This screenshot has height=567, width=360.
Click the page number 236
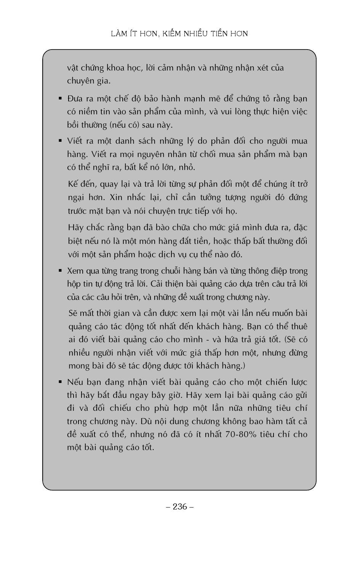pyautogui.click(x=180, y=506)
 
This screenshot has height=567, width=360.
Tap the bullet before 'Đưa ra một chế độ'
pyautogui.click(x=60, y=98)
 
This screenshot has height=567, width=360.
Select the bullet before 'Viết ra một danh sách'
pyautogui.click(x=60, y=141)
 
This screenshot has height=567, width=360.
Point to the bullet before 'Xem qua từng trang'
pyautogui.click(x=60, y=271)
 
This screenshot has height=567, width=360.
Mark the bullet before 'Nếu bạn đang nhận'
pyautogui.click(x=60, y=381)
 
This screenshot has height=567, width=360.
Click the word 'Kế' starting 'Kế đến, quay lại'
pyautogui.click(x=73, y=184)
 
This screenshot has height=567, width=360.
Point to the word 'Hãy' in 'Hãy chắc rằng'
pyautogui.click(x=75, y=228)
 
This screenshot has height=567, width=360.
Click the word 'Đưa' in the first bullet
pyautogui.click(x=75, y=99)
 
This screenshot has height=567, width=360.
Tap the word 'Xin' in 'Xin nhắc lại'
pyautogui.click(x=116, y=197)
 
